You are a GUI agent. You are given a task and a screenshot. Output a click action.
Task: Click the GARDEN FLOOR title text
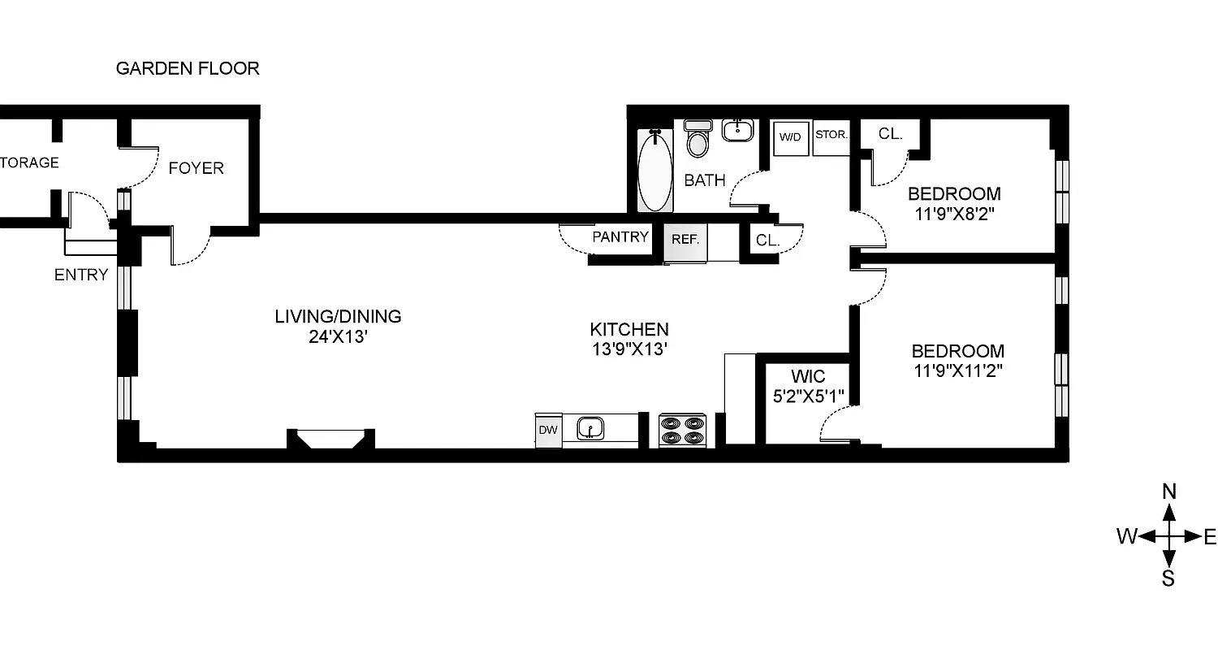click(x=188, y=68)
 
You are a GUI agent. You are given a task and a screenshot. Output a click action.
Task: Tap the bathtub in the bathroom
click(x=654, y=171)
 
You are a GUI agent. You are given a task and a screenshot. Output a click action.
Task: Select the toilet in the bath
click(x=697, y=139)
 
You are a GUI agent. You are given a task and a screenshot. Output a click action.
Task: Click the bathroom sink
click(x=738, y=129)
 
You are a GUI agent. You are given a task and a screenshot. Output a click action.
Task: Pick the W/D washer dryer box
click(x=790, y=136)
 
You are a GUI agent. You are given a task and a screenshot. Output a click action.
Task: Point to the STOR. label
click(x=831, y=134)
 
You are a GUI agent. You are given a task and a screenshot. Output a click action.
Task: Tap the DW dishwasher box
click(x=548, y=430)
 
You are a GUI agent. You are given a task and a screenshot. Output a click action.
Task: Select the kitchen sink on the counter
click(x=590, y=427)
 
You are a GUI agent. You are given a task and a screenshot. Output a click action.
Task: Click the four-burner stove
click(x=682, y=430)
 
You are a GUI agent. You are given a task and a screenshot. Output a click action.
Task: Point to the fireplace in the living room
click(x=330, y=439)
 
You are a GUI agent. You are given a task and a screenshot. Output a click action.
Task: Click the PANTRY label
click(x=620, y=237)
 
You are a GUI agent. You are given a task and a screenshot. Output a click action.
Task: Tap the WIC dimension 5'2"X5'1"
click(x=808, y=396)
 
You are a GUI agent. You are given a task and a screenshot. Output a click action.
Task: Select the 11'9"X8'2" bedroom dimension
click(x=953, y=215)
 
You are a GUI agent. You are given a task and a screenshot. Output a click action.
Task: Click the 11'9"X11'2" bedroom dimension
click(x=957, y=372)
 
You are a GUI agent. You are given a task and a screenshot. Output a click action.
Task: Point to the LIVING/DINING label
click(x=338, y=317)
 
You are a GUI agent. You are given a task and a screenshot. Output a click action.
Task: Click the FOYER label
click(x=196, y=168)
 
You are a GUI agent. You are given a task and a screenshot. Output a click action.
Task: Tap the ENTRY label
click(x=81, y=275)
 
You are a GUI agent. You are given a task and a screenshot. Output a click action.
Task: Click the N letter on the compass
click(x=1169, y=491)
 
